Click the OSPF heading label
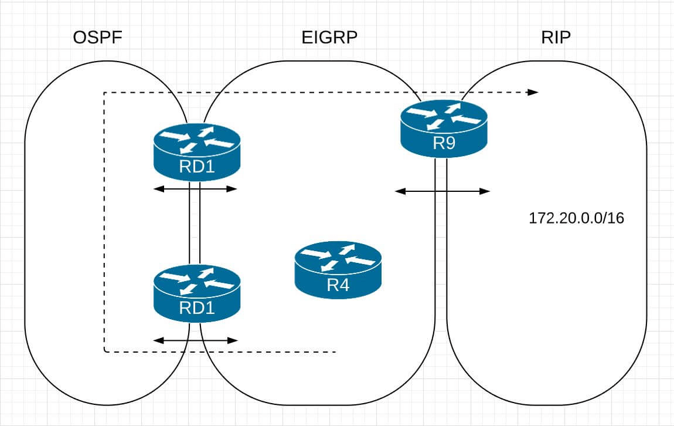point(99,39)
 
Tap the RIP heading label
point(556,39)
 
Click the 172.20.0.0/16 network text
point(576,219)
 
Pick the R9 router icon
point(444,128)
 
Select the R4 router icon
point(338,271)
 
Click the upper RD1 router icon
point(196,151)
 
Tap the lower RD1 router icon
point(196,293)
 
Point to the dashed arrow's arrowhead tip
point(537,92)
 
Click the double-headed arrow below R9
point(442,191)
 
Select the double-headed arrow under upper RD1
point(195,189)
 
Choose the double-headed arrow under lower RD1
point(195,340)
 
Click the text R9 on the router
point(444,144)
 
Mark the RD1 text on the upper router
point(196,168)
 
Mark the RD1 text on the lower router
point(196,309)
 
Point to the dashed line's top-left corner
point(104,93)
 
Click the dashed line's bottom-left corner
point(104,352)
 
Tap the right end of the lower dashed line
point(335,352)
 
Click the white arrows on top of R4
point(338,259)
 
